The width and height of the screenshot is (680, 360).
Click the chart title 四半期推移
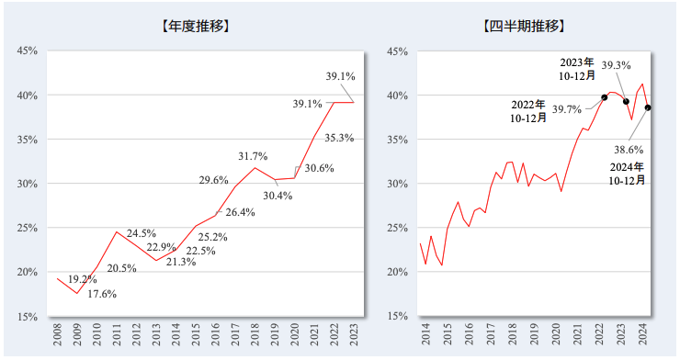pos(524,26)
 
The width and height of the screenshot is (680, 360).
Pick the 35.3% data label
pos(339,139)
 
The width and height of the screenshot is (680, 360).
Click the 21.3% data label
pos(182,262)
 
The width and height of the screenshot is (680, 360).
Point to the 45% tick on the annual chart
pos(27,51)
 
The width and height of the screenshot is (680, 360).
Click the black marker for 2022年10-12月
pos(604,97)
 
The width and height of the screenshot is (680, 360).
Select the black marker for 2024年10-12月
pos(648,107)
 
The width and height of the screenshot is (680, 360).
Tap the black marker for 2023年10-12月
pos(626,101)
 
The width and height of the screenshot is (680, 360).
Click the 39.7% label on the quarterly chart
pos(567,109)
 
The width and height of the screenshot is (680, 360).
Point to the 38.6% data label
pos(628,149)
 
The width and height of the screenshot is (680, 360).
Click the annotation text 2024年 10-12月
pos(628,174)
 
